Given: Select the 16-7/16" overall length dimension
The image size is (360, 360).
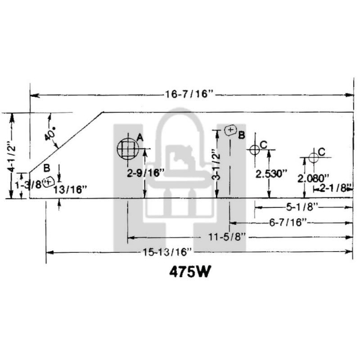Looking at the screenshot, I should [190, 94].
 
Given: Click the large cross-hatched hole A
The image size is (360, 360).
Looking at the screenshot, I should [127, 149].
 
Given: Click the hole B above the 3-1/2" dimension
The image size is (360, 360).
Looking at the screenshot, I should [230, 131].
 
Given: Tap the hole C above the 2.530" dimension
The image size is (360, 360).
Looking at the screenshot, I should [253, 150].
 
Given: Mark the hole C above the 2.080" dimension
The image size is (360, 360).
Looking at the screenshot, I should [313, 157].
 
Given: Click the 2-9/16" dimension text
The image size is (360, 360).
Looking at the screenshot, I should [146, 172].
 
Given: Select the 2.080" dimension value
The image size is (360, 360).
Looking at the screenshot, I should [314, 178].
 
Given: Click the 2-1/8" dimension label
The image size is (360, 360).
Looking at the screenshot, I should [335, 187].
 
